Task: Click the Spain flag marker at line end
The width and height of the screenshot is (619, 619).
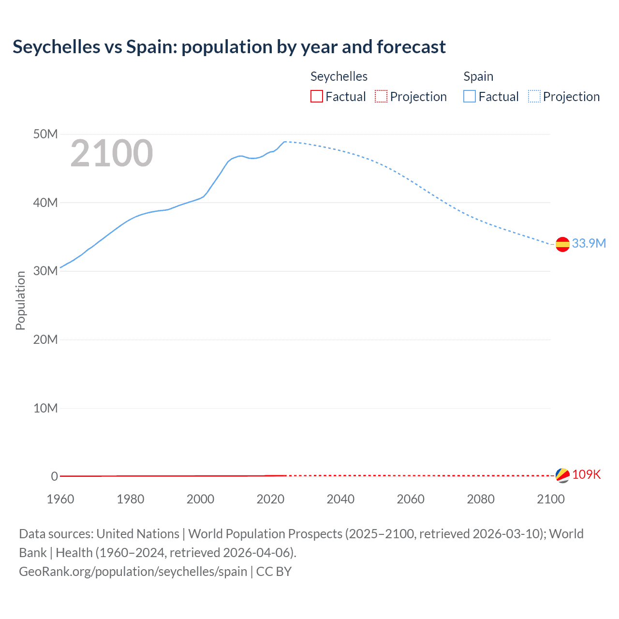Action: pyautogui.click(x=562, y=245)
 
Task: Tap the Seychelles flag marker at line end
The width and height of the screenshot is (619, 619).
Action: pyautogui.click(x=562, y=475)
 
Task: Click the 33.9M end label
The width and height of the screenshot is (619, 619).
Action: pyautogui.click(x=589, y=243)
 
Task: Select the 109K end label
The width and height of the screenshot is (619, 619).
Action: pyautogui.click(x=586, y=474)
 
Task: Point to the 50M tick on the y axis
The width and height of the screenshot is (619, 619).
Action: pyautogui.click(x=45, y=134)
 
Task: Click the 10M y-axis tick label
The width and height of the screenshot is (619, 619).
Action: pyautogui.click(x=45, y=408)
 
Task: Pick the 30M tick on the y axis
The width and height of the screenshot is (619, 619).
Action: pyautogui.click(x=45, y=271)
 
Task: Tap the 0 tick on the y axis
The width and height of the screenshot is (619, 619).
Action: pyautogui.click(x=54, y=476)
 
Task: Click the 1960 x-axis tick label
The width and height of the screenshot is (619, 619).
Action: pyautogui.click(x=60, y=499)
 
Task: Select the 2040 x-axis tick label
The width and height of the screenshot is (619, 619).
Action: pyautogui.click(x=340, y=499)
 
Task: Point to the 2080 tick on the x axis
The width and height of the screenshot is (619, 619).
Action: pyautogui.click(x=481, y=499)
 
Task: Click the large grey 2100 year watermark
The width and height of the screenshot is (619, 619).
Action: pyautogui.click(x=112, y=153)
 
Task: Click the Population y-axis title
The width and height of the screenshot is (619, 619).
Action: pyautogui.click(x=20, y=300)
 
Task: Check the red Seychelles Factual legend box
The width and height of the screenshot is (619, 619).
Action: pyautogui.click(x=317, y=96)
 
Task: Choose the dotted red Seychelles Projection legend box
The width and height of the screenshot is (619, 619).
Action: pyautogui.click(x=381, y=96)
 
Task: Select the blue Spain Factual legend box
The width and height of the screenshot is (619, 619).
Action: pyautogui.click(x=470, y=96)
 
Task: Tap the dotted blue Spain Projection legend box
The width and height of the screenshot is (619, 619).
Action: pyautogui.click(x=534, y=96)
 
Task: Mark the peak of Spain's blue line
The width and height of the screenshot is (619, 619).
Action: pyautogui.click(x=285, y=142)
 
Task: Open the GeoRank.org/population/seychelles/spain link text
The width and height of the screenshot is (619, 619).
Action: pyautogui.click(x=133, y=572)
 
